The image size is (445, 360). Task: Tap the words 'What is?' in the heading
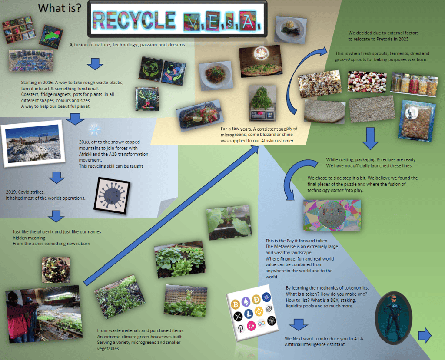[x=60, y=8]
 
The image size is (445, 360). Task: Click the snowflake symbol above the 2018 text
[x=93, y=129]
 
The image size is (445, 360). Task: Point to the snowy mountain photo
[x=33, y=145]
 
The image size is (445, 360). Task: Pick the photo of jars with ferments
[x=414, y=84]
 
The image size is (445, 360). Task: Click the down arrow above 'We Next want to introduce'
[x=298, y=324]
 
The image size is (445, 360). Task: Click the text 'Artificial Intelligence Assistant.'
[x=315, y=344]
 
